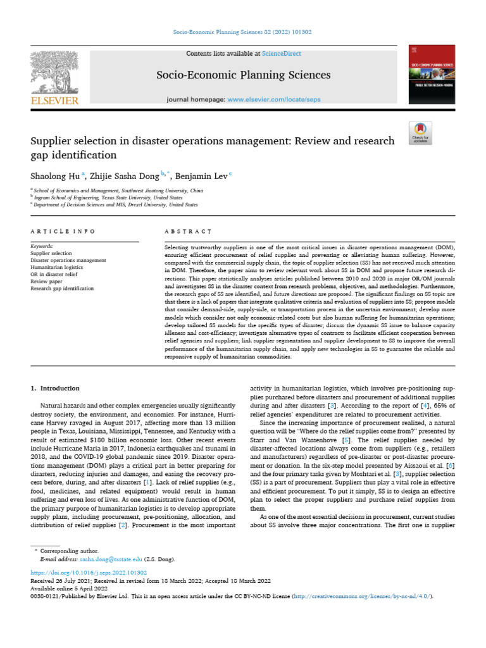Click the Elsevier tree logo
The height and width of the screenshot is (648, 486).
tap(54, 72)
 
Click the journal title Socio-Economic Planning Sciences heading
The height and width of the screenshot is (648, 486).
tap(244, 75)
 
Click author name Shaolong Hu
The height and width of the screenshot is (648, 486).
tap(53, 175)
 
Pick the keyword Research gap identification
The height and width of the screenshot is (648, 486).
tap(62, 288)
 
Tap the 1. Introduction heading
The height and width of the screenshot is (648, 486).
tap(55, 388)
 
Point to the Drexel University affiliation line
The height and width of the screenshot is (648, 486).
tap(116, 205)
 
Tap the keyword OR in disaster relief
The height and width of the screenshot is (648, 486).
tap(54, 274)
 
